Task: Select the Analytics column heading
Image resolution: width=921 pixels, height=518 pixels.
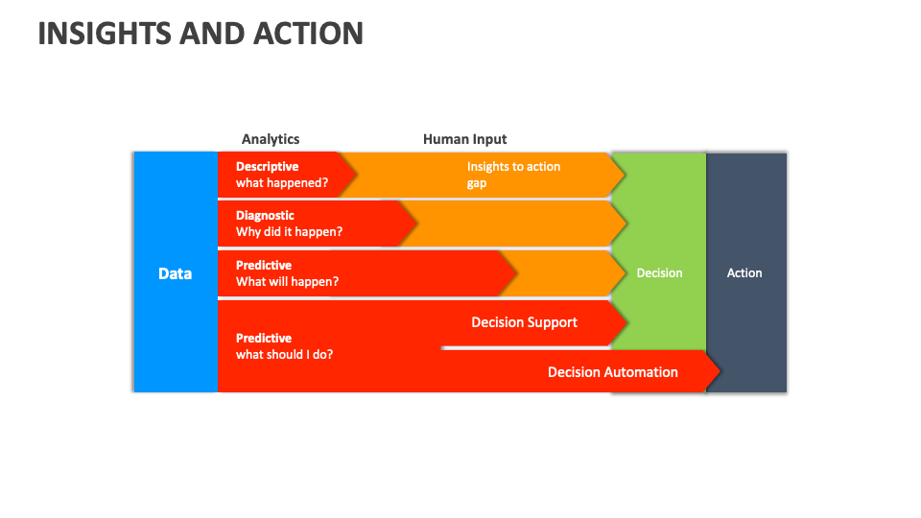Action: pyautogui.click(x=271, y=139)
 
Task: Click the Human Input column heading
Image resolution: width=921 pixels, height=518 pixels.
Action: pyautogui.click(x=464, y=139)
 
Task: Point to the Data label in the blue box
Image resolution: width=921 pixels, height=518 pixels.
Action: pyautogui.click(x=175, y=273)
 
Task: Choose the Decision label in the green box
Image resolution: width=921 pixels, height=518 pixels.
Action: pyautogui.click(x=659, y=273)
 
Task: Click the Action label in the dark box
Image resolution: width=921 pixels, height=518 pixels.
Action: pyautogui.click(x=744, y=273)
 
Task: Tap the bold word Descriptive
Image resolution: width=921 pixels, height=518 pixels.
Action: pyautogui.click(x=267, y=167)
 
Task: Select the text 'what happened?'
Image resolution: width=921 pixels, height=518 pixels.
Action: pyautogui.click(x=282, y=183)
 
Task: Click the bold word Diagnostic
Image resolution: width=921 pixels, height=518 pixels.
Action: pyautogui.click(x=265, y=216)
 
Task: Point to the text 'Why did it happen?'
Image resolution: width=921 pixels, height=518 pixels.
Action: pyautogui.click(x=289, y=232)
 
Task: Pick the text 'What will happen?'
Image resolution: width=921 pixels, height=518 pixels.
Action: pyautogui.click(x=287, y=282)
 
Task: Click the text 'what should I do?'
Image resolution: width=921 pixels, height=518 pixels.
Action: pyautogui.click(x=284, y=355)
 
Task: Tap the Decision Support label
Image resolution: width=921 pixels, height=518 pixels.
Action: pyautogui.click(x=524, y=322)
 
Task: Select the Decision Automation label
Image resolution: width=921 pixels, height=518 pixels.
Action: pyautogui.click(x=612, y=372)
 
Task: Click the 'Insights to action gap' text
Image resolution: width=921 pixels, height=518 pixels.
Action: pyautogui.click(x=513, y=175)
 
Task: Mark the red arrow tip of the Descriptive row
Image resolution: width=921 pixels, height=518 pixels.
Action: pyautogui.click(x=352, y=175)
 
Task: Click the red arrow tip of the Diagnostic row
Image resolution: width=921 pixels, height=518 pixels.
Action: pyautogui.click(x=413, y=224)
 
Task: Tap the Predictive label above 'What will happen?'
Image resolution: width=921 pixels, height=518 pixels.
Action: pyautogui.click(x=264, y=266)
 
